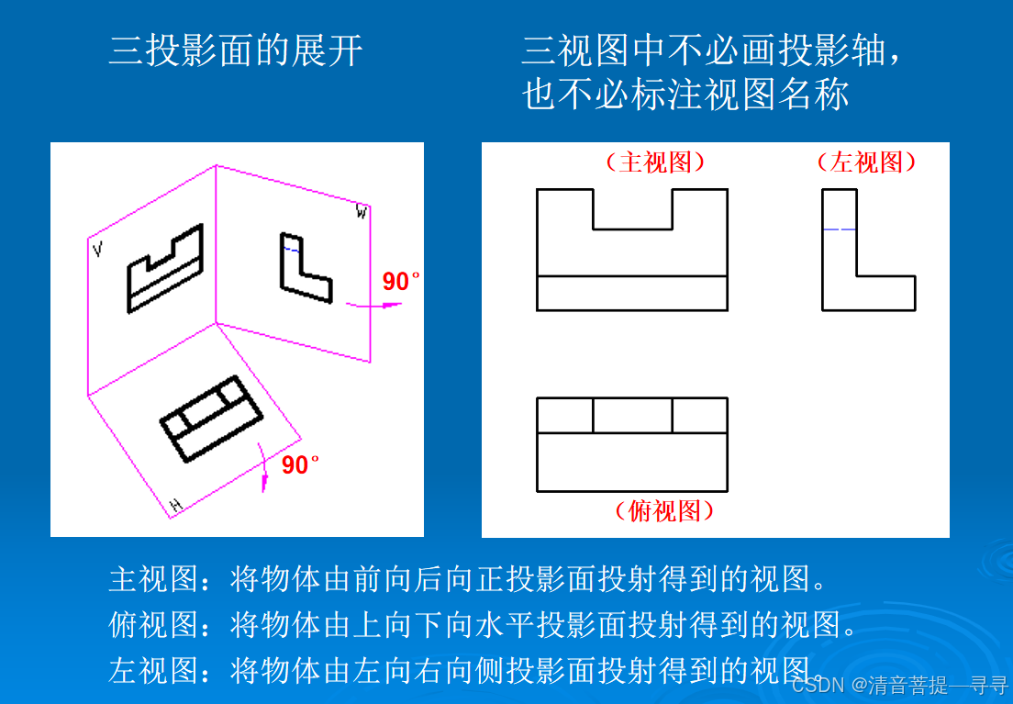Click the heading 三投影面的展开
click(236, 51)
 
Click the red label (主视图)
click(654, 162)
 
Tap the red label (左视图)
click(866, 162)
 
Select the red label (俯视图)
click(664, 510)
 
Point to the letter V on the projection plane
click(97, 249)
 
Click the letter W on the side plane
click(362, 213)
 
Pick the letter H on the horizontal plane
click(175, 505)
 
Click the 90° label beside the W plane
click(401, 282)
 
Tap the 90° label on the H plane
click(300, 465)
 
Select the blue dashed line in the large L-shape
click(840, 229)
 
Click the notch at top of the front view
click(632, 210)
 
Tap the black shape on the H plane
click(211, 418)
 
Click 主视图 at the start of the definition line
click(152, 579)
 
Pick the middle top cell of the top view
click(632, 415)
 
